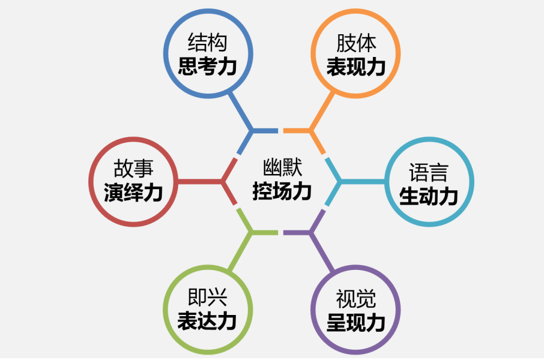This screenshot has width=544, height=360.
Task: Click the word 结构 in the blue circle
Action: point(208,43)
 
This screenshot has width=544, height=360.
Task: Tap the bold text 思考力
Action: point(208,66)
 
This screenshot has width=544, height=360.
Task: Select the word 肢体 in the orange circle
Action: point(356,43)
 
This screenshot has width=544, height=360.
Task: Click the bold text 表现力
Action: point(356,67)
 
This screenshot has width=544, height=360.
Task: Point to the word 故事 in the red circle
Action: point(133,169)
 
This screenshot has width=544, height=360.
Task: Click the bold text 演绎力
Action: point(133,193)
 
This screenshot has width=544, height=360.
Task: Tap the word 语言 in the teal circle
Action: point(429,172)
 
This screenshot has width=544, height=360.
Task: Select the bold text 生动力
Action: point(429,196)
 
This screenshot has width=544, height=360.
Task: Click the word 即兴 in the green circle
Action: point(208,297)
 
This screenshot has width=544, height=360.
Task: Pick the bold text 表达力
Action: point(208,321)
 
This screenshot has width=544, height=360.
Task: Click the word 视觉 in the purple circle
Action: point(356,299)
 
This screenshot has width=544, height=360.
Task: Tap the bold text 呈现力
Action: point(356,323)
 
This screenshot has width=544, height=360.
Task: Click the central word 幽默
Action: point(282,167)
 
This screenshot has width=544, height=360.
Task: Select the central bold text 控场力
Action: point(282,191)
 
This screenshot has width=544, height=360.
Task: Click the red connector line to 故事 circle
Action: point(199,182)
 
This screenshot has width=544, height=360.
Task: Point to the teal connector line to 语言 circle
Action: point(363,182)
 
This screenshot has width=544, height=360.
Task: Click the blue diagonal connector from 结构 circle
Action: point(240,112)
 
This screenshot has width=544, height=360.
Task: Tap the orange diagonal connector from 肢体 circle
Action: point(322,112)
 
